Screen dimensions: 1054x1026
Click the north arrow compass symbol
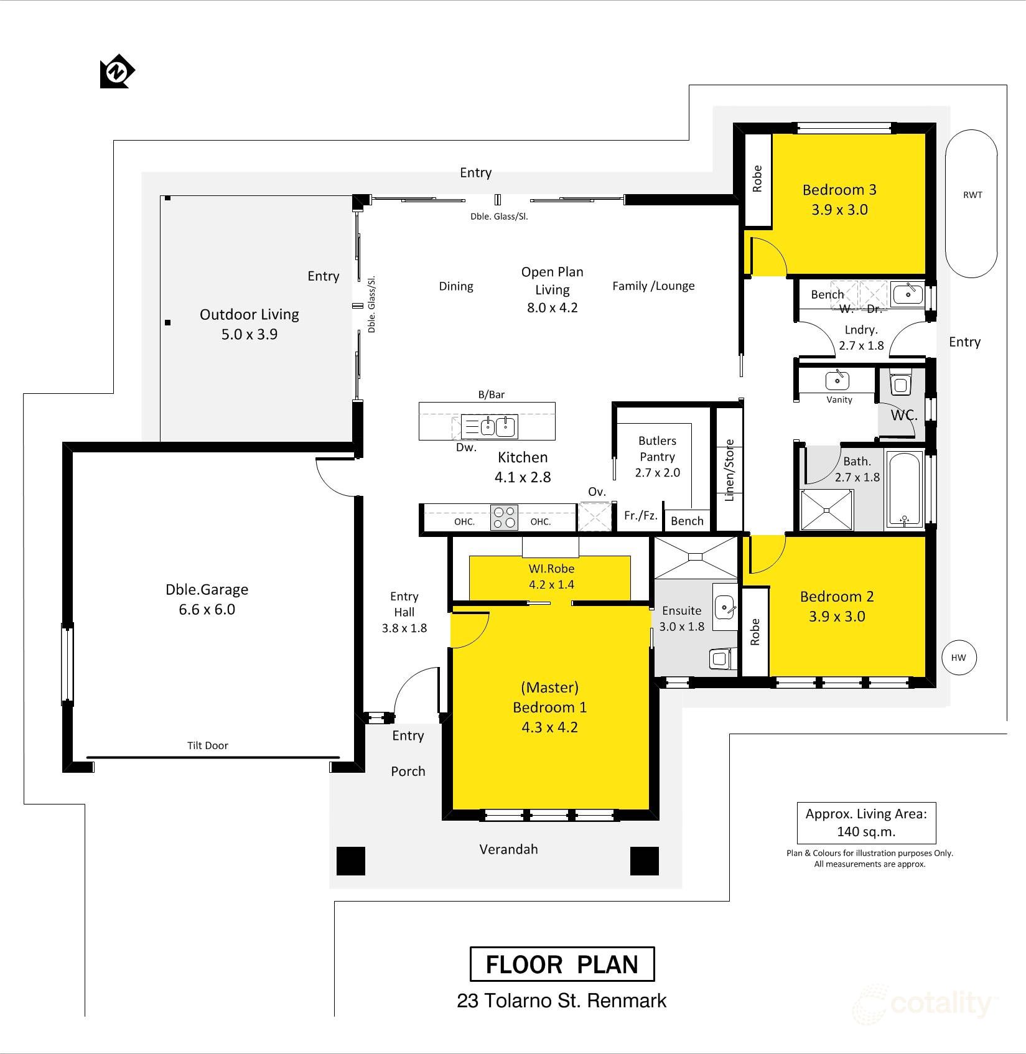117,72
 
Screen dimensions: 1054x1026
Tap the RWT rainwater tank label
972,195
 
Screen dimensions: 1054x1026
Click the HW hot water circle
958,658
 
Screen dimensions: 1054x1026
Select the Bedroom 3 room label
839,190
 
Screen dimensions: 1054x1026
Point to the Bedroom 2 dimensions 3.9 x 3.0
837,617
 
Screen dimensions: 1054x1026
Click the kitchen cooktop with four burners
504,517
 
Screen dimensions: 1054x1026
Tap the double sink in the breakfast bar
498,426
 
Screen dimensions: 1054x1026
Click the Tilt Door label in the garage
207,745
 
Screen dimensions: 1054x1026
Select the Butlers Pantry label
657,448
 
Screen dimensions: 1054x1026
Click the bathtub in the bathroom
904,490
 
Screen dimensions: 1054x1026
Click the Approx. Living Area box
866,823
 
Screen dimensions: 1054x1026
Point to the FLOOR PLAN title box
561,964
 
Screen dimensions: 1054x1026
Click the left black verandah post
350,861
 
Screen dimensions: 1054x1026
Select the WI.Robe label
551,569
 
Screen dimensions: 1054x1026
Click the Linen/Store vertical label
730,470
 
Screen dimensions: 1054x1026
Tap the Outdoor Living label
249,315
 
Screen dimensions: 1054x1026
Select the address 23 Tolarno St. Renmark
561,1001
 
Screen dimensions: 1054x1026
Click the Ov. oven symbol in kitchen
594,516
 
